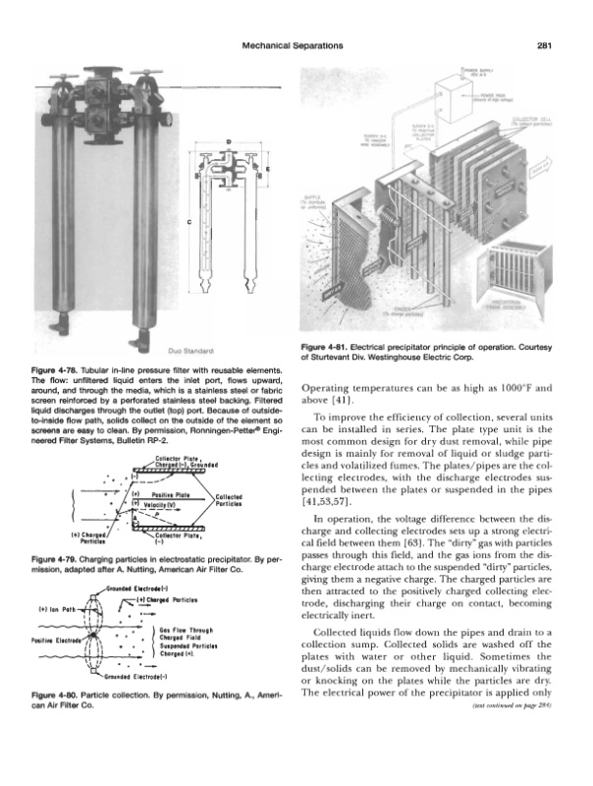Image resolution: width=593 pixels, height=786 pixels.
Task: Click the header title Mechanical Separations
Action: tap(296, 44)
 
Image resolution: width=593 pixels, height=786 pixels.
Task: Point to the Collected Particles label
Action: tap(233, 500)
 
